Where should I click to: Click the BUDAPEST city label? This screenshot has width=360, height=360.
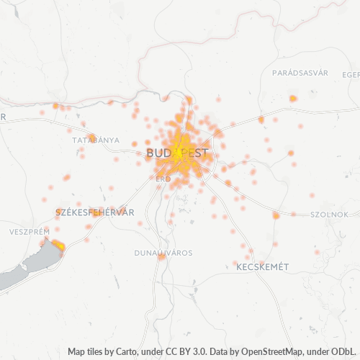click(177, 153)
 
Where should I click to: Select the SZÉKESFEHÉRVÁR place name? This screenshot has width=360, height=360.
click(94, 212)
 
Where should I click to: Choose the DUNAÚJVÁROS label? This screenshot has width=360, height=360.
click(163, 253)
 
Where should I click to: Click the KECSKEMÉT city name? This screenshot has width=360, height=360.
click(262, 266)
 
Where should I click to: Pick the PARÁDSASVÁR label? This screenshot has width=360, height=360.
click(300, 73)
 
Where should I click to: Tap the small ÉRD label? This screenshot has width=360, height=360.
click(163, 178)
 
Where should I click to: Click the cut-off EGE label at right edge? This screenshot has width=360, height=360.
click(351, 73)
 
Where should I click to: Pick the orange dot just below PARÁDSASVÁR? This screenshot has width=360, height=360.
click(293, 98)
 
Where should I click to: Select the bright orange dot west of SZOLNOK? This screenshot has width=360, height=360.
click(276, 215)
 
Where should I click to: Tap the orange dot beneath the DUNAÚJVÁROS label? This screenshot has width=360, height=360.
click(161, 257)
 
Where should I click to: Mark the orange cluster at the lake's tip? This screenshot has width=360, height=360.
click(58, 246)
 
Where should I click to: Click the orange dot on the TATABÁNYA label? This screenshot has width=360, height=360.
click(92, 138)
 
